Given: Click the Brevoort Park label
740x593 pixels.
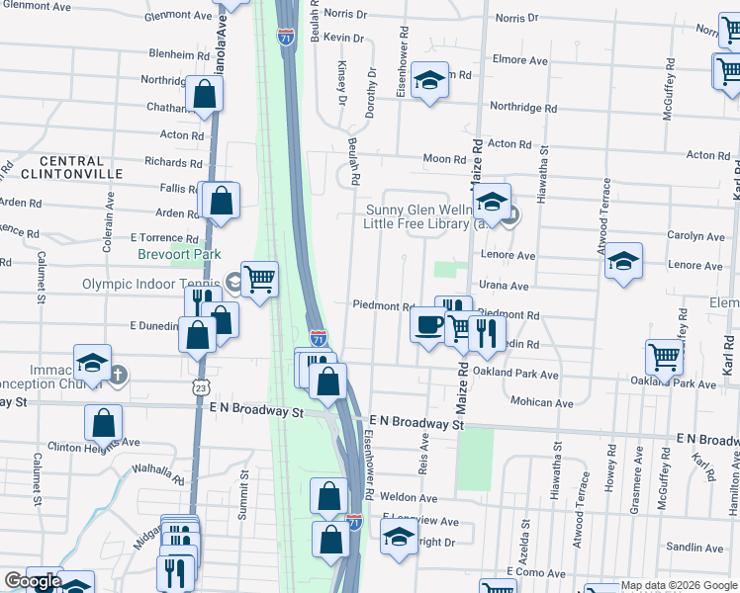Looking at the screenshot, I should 179,254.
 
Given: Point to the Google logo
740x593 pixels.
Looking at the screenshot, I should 33,581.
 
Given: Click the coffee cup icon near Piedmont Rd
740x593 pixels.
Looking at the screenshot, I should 428,324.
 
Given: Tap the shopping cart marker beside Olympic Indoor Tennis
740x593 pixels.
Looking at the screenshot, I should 259,279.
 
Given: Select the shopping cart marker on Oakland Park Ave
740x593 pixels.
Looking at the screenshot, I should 664,357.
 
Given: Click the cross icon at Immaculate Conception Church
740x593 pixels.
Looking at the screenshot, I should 118,374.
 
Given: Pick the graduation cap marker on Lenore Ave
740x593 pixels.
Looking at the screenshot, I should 623,261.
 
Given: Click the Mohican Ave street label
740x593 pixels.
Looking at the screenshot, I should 542,403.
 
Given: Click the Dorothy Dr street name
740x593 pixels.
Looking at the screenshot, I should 372,93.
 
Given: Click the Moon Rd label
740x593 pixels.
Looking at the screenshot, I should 444,159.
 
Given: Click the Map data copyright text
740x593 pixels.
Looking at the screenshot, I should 679,586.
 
